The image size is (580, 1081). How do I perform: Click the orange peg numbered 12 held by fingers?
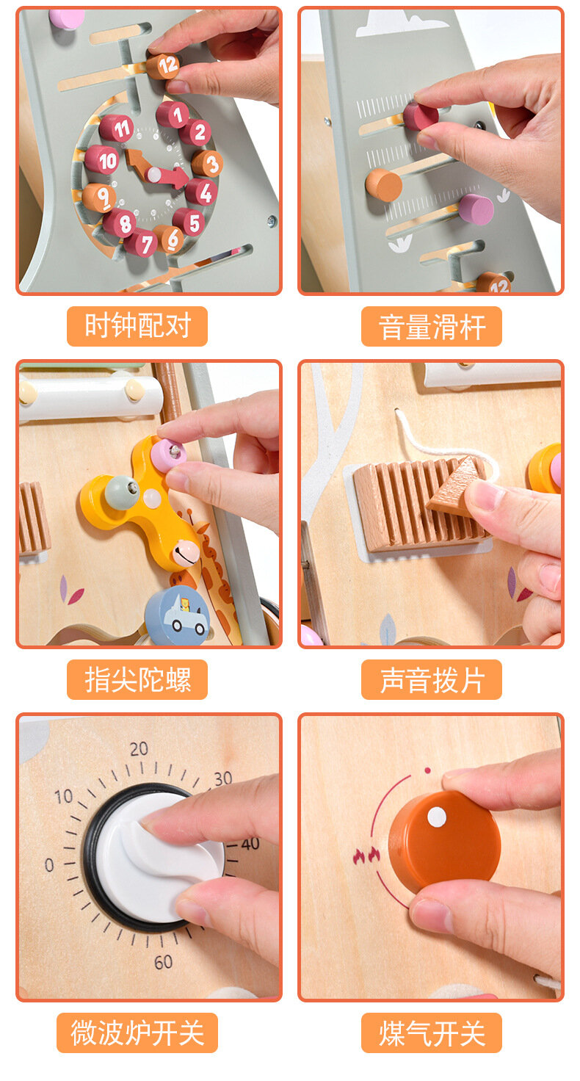162,66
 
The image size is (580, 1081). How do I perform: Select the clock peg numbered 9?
99,198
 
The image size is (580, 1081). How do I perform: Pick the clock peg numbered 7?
141,243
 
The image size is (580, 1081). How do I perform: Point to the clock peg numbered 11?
116,129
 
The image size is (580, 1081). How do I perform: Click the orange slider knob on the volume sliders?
384,185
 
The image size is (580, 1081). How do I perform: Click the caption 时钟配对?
137,326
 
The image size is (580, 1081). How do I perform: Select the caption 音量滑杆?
432,327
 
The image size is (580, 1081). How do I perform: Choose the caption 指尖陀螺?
137,679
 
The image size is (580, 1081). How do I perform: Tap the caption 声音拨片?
432,680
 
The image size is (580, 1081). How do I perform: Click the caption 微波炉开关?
137,1033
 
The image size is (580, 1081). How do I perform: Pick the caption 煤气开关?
432,1033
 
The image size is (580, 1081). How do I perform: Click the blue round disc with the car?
178,616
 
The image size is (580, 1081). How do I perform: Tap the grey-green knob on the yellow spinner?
122,492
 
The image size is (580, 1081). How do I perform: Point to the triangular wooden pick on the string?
457,484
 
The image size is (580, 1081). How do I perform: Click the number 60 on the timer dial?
163,962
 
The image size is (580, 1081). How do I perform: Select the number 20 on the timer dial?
139,748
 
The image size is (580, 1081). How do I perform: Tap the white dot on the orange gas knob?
437,817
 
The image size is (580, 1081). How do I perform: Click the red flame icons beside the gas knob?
366,856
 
